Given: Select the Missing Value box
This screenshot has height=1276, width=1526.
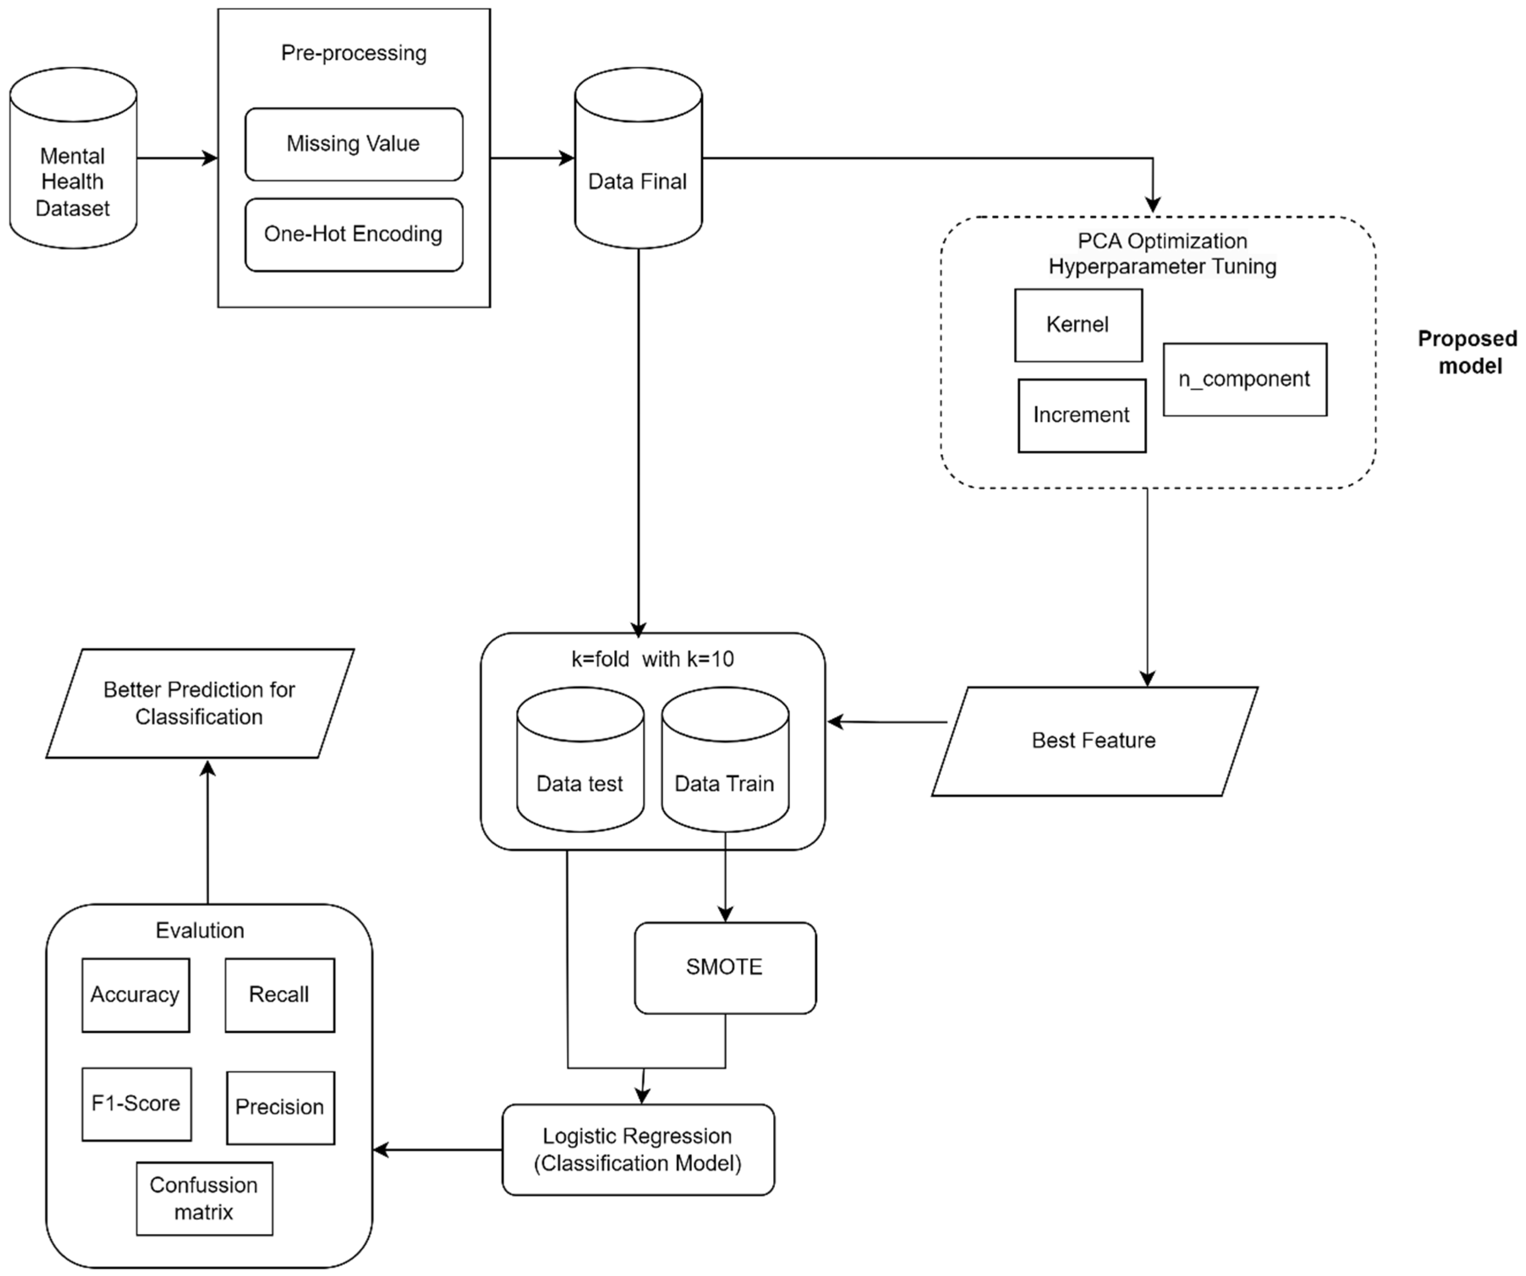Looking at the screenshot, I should (x=354, y=144).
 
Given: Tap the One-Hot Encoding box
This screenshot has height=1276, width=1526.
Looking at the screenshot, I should (x=354, y=234).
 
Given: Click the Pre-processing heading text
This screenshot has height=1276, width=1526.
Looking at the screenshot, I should (x=354, y=53).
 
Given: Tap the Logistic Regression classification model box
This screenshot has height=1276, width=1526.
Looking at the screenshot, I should (x=638, y=1150).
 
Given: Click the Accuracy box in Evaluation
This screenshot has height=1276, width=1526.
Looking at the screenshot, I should (x=136, y=995).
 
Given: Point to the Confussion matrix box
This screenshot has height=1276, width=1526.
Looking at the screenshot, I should (x=204, y=1198).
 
